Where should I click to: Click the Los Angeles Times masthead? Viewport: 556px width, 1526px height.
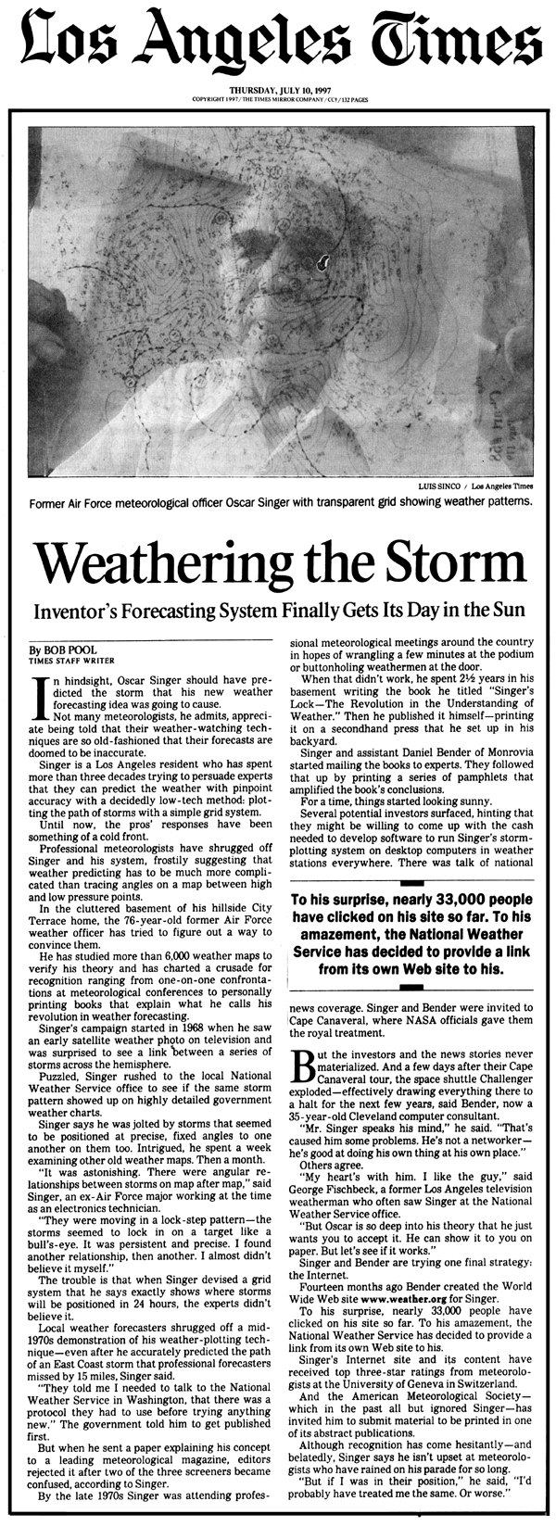(278, 42)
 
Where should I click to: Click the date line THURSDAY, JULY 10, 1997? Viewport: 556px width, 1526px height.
(279, 90)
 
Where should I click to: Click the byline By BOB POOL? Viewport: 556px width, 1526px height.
(57, 650)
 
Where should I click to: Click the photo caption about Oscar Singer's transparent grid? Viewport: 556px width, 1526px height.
(279, 502)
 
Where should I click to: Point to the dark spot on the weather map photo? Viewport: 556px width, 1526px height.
(323, 261)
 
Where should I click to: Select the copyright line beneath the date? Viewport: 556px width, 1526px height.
(279, 98)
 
